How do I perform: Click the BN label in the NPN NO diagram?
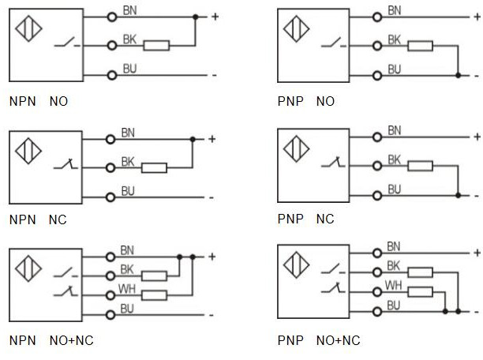tap(128, 10)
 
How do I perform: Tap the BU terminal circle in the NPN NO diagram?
tap(112, 75)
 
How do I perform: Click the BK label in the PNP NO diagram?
tap(394, 39)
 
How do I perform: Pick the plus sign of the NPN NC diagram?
tap(212, 139)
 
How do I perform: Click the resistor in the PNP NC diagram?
tap(420, 166)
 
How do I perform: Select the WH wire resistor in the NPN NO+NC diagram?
tap(155, 295)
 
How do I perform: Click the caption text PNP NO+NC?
tap(319, 341)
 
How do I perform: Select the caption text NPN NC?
tap(38, 219)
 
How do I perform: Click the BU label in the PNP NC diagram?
tap(394, 189)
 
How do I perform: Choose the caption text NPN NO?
tap(38, 102)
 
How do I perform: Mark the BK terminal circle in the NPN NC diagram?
tap(112, 167)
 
